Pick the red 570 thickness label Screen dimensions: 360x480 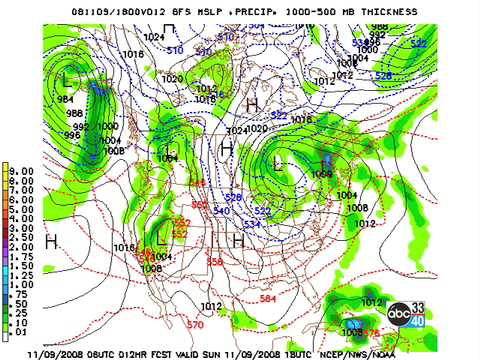click(x=196, y=324)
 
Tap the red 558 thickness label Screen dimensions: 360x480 click(x=214, y=262)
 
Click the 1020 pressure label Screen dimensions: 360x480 click(x=172, y=78)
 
